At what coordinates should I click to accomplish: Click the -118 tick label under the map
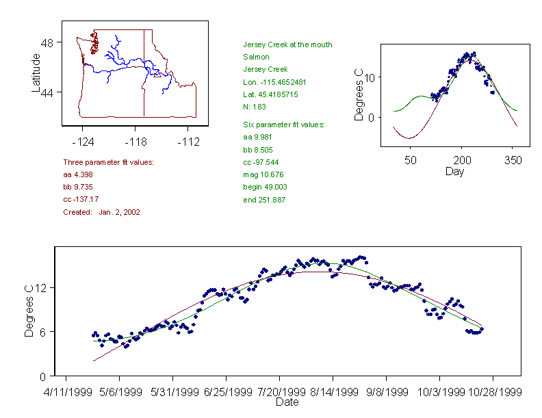[x=135, y=142]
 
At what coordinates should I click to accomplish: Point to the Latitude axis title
[x=36, y=73]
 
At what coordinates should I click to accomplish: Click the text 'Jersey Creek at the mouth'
[x=287, y=45]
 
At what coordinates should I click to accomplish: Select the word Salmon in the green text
[x=256, y=57]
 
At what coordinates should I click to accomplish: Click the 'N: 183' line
[x=255, y=107]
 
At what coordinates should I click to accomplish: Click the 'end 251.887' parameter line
[x=264, y=200]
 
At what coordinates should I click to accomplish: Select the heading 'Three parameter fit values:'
[x=108, y=162]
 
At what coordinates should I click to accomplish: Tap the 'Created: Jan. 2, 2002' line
[x=101, y=212]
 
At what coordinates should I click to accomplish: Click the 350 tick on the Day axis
[x=513, y=160]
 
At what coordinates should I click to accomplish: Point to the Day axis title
[x=454, y=171]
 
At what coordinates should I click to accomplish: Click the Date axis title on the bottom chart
[x=287, y=403]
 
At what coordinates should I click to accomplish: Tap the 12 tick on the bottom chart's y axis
[x=42, y=287]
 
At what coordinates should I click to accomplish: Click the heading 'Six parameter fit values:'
[x=284, y=125]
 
